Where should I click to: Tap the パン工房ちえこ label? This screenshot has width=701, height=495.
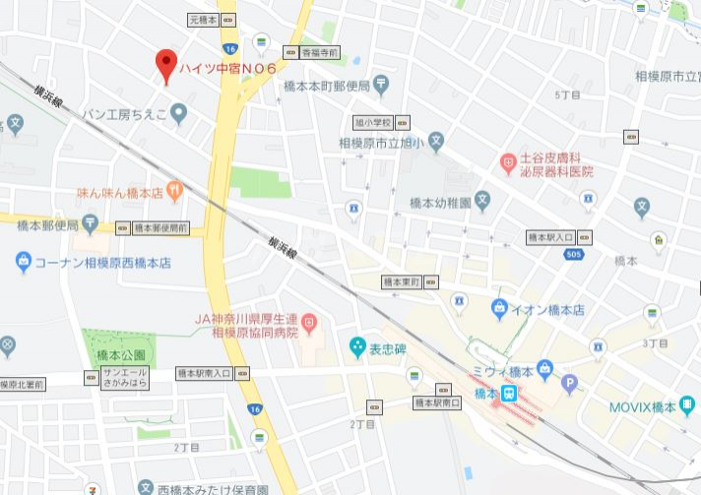pos(126,116)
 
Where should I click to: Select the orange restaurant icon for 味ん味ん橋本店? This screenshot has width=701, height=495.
pos(175,192)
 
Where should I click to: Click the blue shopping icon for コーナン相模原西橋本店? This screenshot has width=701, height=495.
pos(23,263)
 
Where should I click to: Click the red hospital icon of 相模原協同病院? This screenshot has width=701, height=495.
pos(308,321)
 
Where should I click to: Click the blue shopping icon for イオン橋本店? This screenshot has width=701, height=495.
pos(500,308)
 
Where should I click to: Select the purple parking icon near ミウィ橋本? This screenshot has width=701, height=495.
pos(568,383)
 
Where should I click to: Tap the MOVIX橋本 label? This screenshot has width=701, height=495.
pos(645,406)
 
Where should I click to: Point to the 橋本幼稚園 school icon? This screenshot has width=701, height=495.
pos(482,203)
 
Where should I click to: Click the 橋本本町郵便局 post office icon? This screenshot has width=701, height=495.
pos(381,86)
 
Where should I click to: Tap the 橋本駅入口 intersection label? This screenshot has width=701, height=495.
pos(551,237)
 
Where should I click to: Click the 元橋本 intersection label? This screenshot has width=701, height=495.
pos(205,19)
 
